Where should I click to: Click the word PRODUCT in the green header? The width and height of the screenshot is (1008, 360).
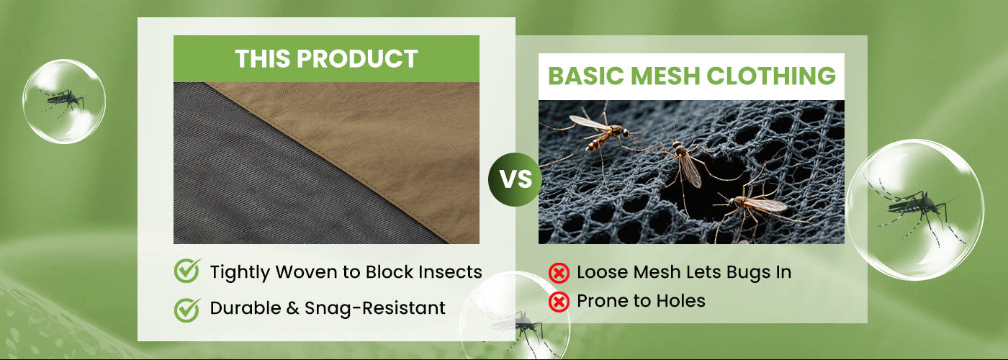click(x=357, y=59)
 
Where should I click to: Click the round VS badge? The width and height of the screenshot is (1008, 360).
click(x=516, y=179)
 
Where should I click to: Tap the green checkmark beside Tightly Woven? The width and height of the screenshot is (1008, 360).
click(x=187, y=271)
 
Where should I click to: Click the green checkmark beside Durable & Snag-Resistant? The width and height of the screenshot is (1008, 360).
click(x=187, y=310)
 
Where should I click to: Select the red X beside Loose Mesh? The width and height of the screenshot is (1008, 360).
click(x=559, y=273)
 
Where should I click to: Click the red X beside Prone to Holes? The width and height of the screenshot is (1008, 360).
click(x=559, y=302)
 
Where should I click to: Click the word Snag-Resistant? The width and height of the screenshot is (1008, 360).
click(x=375, y=308)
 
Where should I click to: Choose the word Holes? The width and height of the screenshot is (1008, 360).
click(x=682, y=301)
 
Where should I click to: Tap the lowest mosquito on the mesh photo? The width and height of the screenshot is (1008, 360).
click(x=756, y=207)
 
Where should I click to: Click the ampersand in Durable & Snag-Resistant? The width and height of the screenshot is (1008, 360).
click(x=292, y=308)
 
